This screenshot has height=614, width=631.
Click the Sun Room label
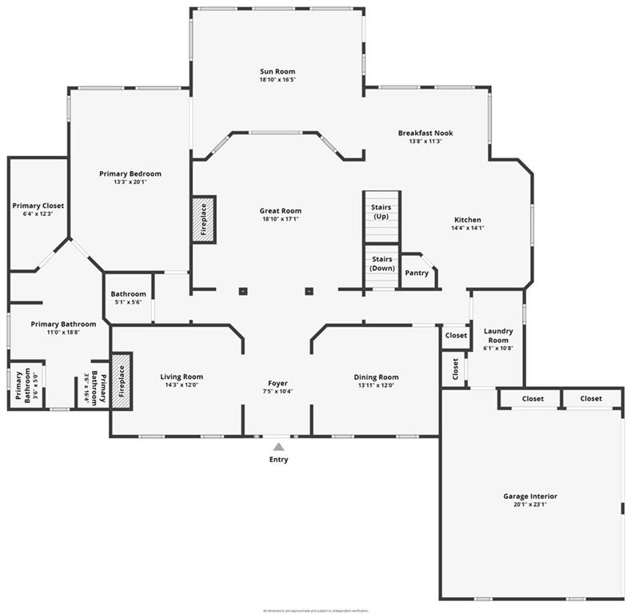(x=277, y=72)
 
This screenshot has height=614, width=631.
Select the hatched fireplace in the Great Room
(x=203, y=219)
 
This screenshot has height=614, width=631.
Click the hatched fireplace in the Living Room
(x=122, y=381)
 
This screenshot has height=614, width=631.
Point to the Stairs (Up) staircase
(x=381, y=216)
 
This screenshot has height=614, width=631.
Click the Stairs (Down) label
(x=382, y=264)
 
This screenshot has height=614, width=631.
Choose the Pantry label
(x=417, y=273)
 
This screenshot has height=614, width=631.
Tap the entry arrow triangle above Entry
(x=278, y=447)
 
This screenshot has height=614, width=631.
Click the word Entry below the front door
(x=278, y=460)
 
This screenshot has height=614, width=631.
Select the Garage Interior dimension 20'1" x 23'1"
(x=530, y=505)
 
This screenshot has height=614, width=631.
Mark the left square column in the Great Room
(x=243, y=291)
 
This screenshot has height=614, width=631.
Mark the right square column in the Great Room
(x=309, y=291)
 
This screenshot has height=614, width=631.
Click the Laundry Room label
(x=497, y=336)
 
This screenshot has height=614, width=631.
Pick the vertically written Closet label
(x=455, y=369)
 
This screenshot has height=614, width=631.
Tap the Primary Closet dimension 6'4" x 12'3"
(x=38, y=214)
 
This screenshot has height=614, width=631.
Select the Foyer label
(x=278, y=383)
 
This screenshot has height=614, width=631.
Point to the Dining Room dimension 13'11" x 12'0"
(x=376, y=385)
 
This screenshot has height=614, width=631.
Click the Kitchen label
(x=468, y=220)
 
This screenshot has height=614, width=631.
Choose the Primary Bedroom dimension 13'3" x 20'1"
(x=130, y=181)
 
